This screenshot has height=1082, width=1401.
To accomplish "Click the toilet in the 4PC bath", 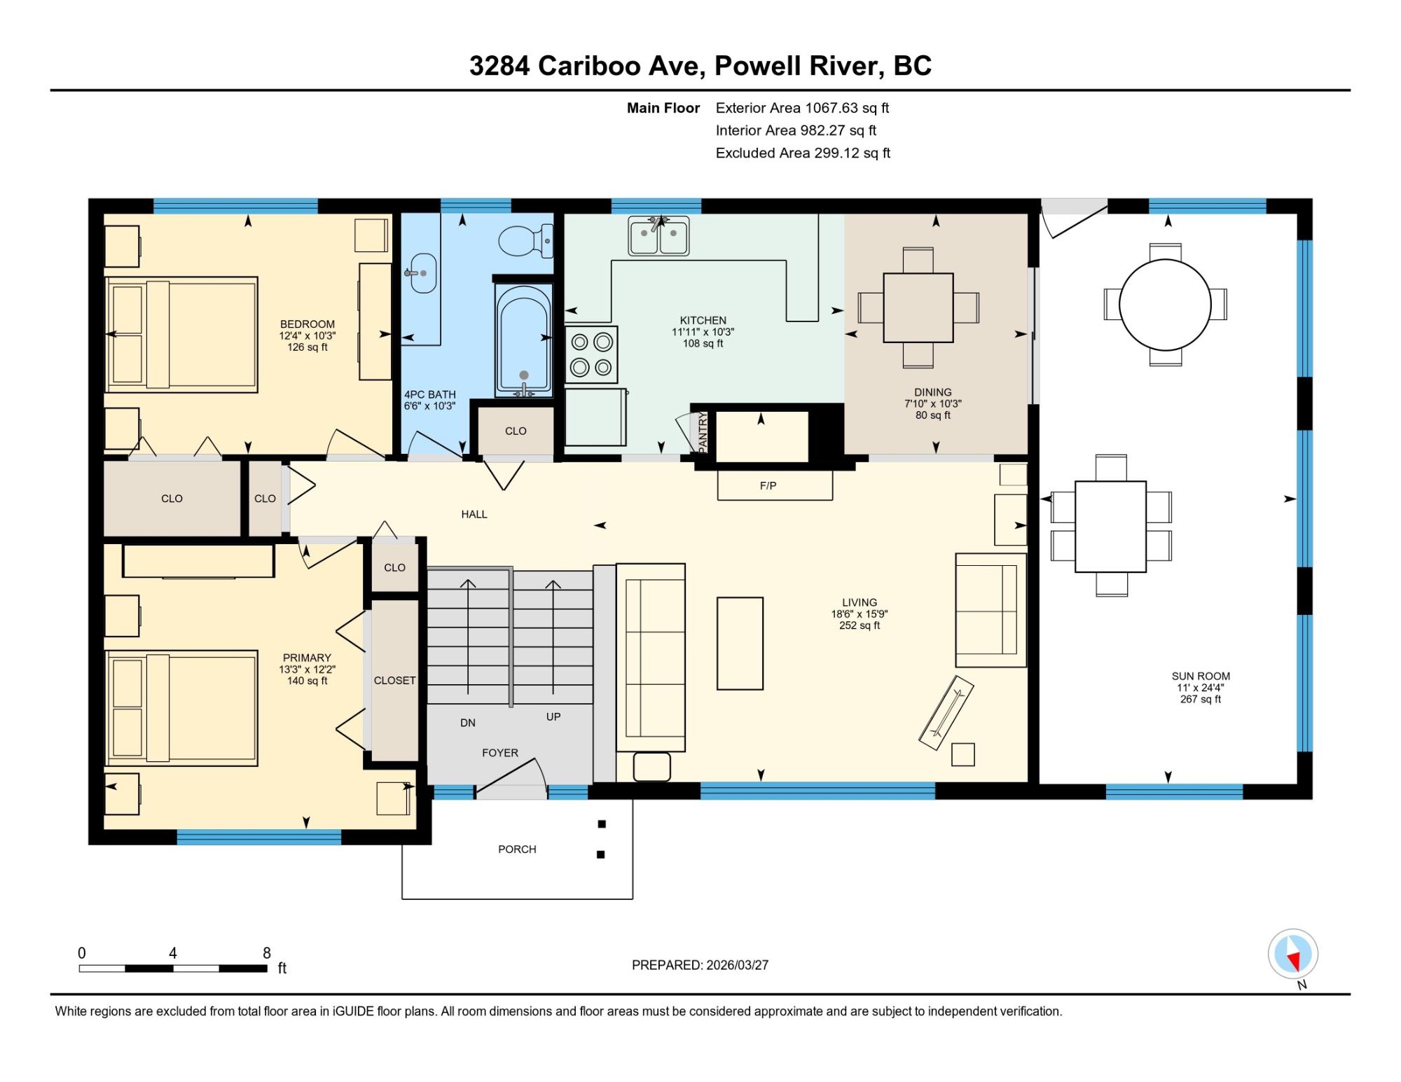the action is (x=525, y=241).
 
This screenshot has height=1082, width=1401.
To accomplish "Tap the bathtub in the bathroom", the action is (x=524, y=340).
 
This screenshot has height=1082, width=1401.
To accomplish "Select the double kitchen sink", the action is (x=658, y=236).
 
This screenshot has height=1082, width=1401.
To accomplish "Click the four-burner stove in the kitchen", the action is (x=591, y=354).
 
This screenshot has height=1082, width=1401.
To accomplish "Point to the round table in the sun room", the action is (x=1165, y=304).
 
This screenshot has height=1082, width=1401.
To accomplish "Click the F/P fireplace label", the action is (x=768, y=485).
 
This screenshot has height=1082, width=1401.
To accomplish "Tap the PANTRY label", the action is (x=703, y=432).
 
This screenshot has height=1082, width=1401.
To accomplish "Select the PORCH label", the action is (x=517, y=849).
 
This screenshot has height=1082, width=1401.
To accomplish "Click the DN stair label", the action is (x=468, y=723).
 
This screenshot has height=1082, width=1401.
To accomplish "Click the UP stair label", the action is (x=553, y=716).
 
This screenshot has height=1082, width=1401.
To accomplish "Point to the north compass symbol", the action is (x=1293, y=954).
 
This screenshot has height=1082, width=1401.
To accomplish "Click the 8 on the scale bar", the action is (x=266, y=952).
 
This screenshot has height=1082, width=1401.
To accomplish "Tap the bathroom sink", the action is (x=420, y=273).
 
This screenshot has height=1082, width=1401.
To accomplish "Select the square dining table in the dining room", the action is (x=918, y=307).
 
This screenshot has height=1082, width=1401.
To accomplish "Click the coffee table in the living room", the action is (x=740, y=643).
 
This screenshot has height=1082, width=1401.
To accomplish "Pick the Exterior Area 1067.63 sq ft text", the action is (x=802, y=108).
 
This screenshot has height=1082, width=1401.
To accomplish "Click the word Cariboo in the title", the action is (x=598, y=66).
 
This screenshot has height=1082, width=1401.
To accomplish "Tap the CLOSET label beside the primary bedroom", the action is (x=394, y=680).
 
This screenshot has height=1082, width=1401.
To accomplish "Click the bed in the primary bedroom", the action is (x=181, y=708).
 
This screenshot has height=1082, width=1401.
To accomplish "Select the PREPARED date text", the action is (x=700, y=965).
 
